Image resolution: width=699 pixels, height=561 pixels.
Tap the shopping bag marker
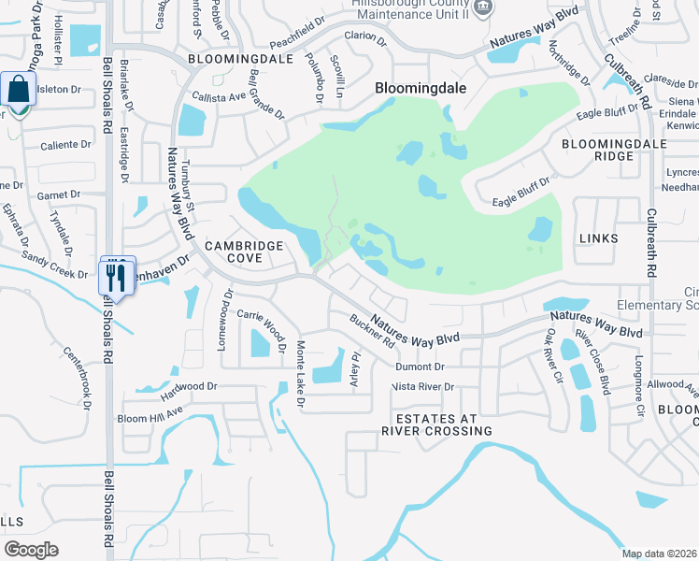pyautogui.click(x=18, y=91)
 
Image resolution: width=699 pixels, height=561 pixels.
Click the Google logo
pyautogui.click(x=31, y=550)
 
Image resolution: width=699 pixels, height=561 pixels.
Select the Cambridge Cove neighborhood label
pyautogui.click(x=244, y=252)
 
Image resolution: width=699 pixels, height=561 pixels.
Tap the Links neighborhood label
pyautogui.click(x=598, y=238)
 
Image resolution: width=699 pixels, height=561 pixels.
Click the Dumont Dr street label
pyautogui.click(x=426, y=367)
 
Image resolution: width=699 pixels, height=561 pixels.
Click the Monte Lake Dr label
pyautogui.click(x=300, y=375)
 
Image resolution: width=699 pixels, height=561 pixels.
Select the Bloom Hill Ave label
pyautogui.click(x=150, y=413)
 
